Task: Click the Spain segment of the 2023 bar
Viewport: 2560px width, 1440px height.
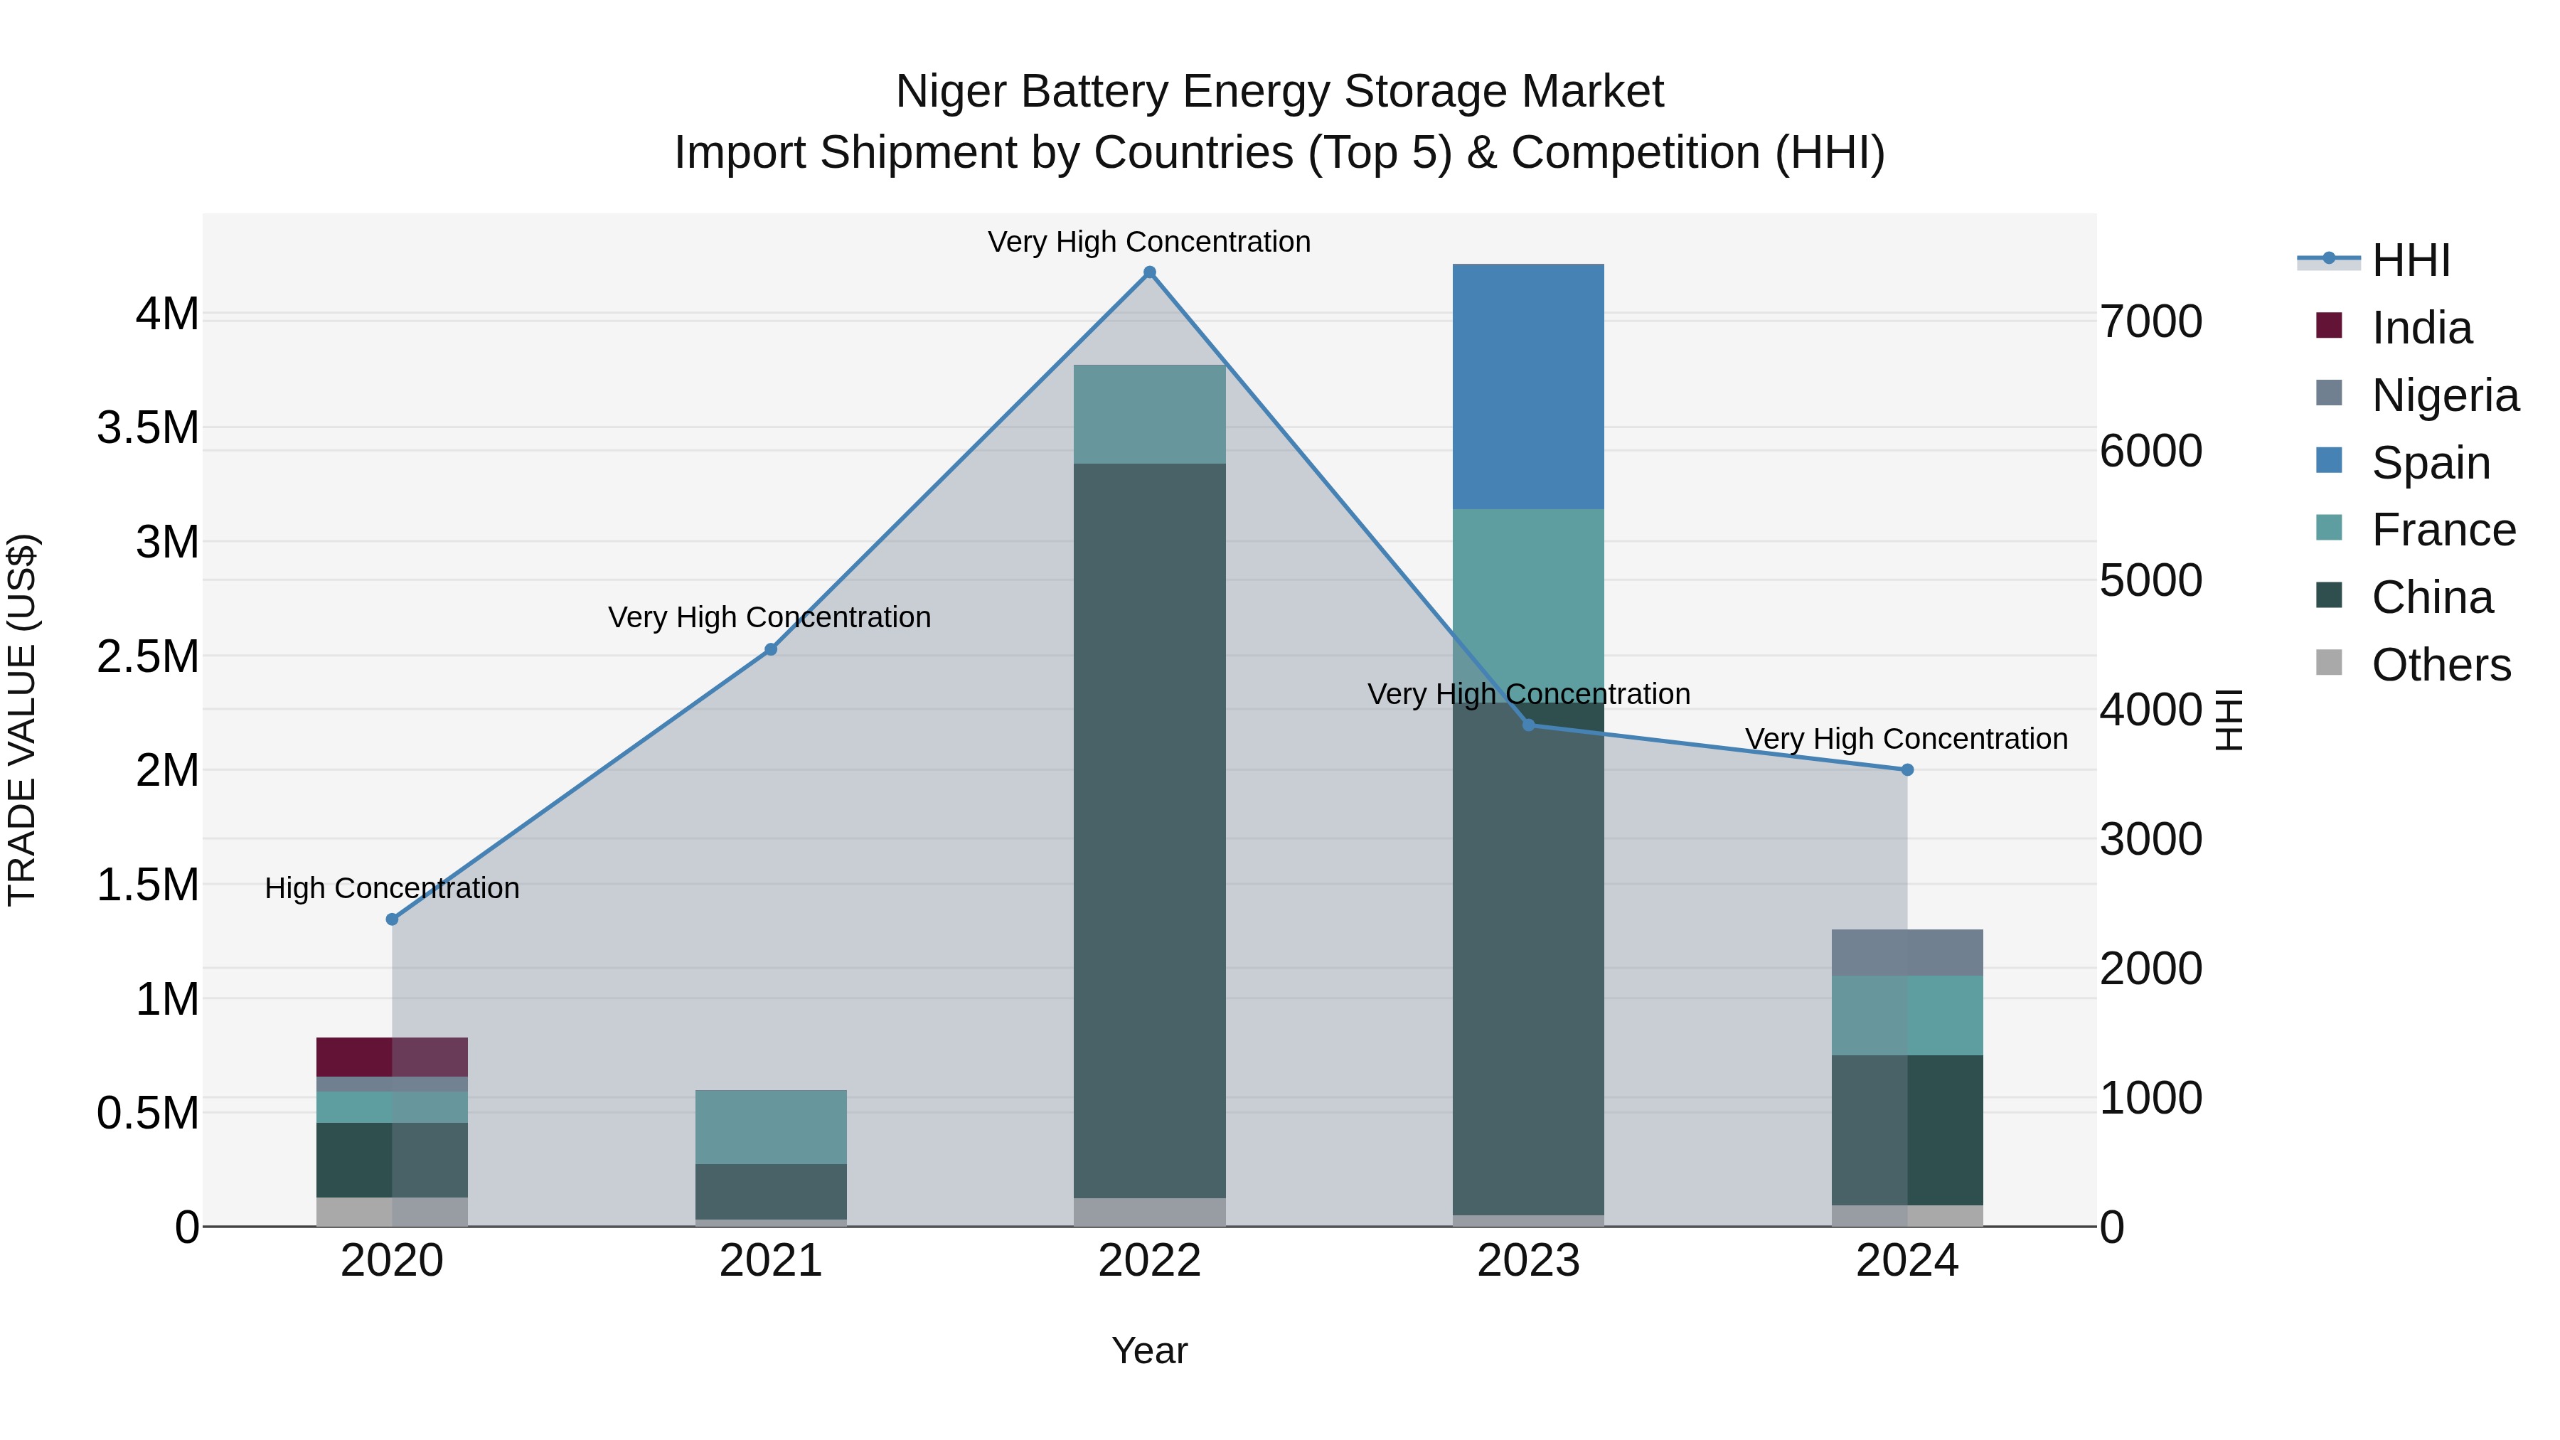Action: tap(1527, 387)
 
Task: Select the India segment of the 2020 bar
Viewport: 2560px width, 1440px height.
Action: tap(392, 1057)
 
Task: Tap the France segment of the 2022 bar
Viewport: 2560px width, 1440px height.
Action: tap(1149, 413)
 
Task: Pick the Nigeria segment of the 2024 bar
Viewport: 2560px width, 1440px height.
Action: tap(1906, 952)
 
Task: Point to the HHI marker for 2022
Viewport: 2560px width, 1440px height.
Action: tap(1149, 272)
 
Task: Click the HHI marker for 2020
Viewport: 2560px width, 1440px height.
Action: tap(392, 919)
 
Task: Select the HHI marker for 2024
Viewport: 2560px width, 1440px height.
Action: tap(1906, 769)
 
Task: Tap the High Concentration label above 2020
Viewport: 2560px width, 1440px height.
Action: tap(392, 887)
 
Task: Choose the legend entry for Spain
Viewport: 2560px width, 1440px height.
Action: tap(2430, 463)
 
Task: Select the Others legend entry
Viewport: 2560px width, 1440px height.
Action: tap(2440, 665)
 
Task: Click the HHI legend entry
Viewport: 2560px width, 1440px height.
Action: tap(2410, 260)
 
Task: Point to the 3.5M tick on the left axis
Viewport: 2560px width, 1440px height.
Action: tap(148, 428)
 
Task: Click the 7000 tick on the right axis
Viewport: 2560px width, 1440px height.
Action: tap(2150, 322)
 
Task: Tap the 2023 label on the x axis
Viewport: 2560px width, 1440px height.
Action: tap(1527, 1261)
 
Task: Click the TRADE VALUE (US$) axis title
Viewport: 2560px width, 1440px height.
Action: tap(22, 720)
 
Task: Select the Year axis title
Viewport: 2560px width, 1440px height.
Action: tap(1149, 1350)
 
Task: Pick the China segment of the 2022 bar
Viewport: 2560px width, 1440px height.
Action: tap(1149, 830)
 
